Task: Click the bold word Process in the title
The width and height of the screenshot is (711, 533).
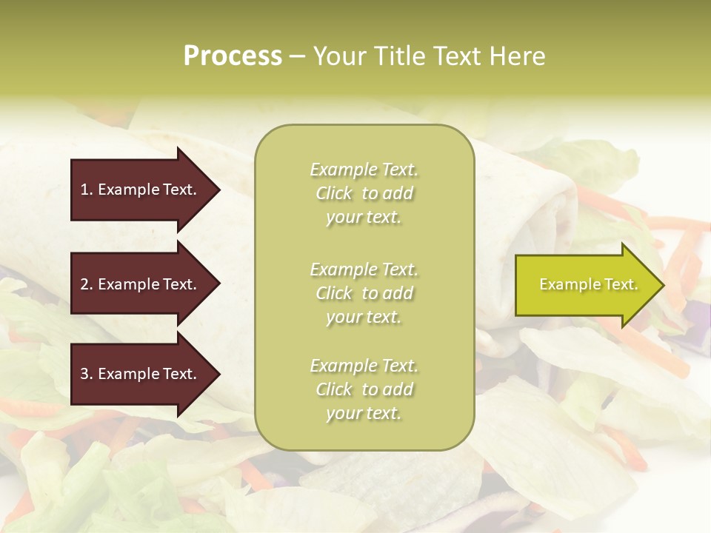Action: click(233, 56)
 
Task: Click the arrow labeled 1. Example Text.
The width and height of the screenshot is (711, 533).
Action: click(144, 190)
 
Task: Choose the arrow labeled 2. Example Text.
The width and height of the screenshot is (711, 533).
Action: click(144, 284)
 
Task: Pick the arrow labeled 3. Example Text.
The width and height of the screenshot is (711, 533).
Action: click(144, 374)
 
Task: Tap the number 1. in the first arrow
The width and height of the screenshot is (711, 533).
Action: click(87, 190)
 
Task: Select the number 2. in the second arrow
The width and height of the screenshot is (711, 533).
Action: click(87, 284)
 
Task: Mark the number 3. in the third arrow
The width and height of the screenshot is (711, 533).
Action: click(87, 374)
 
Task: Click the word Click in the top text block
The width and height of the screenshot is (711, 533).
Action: click(334, 193)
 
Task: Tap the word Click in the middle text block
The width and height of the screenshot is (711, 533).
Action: click(334, 293)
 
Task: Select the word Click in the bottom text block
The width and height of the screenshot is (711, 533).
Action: click(334, 389)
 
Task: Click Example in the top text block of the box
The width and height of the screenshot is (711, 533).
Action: click(343, 170)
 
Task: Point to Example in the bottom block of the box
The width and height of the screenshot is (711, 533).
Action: click(343, 366)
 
